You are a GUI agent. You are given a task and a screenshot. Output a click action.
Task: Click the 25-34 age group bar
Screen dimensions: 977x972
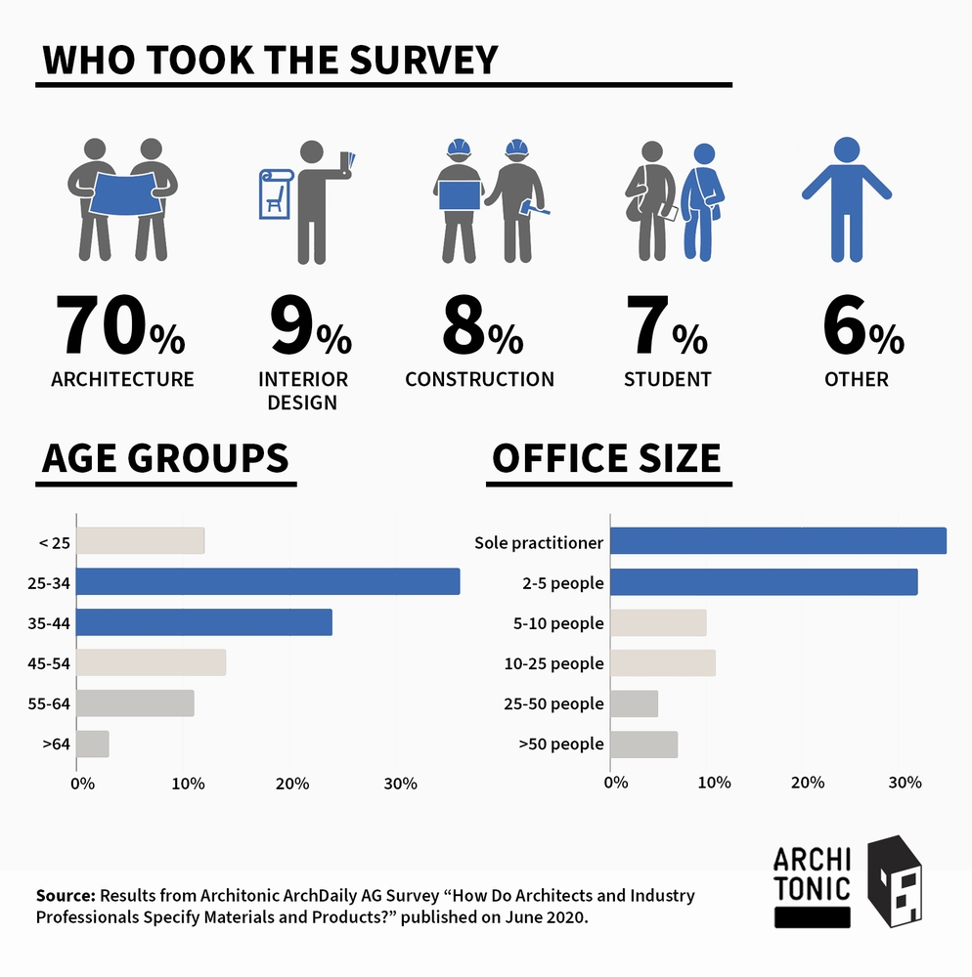pyautogui.click(x=267, y=581)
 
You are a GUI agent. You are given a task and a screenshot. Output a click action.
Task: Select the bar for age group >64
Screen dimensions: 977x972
pyautogui.click(x=93, y=743)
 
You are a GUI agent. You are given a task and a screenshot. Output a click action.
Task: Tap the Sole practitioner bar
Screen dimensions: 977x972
pyautogui.click(x=777, y=541)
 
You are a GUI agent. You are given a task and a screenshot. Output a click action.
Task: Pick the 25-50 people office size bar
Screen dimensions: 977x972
pyautogui.click(x=634, y=703)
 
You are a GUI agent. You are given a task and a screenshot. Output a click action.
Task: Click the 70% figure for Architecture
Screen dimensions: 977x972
pyautogui.click(x=119, y=329)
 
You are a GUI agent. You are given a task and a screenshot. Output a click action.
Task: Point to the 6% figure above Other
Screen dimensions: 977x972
pyautogui.click(x=862, y=329)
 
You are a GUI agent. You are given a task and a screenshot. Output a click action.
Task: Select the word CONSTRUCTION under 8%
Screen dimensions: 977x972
pyautogui.click(x=479, y=379)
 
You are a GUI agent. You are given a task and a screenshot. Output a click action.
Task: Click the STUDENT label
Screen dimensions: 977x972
pyautogui.click(x=667, y=379)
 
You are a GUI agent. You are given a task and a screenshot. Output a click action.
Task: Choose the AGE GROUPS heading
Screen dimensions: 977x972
pyautogui.click(x=165, y=458)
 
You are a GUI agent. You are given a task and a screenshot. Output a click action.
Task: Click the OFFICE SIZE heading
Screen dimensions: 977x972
pyautogui.click(x=606, y=458)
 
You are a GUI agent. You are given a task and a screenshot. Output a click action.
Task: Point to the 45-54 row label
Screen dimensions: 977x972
pyautogui.click(x=49, y=662)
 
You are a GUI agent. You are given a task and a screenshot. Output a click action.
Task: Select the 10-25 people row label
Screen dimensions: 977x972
pyautogui.click(x=552, y=663)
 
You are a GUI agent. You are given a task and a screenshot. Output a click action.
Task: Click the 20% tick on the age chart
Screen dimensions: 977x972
pyautogui.click(x=292, y=784)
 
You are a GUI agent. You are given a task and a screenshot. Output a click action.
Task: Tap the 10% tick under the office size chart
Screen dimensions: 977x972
pyautogui.click(x=715, y=783)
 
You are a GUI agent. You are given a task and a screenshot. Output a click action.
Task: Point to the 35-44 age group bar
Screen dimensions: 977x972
pyautogui.click(x=203, y=622)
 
